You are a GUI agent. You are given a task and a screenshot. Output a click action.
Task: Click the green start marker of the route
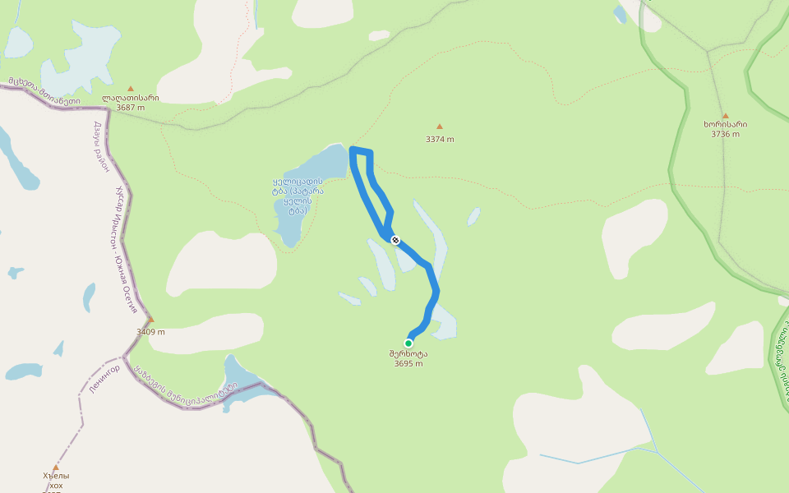(x=408, y=343)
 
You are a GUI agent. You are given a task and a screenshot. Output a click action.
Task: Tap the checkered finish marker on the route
(x=395, y=240)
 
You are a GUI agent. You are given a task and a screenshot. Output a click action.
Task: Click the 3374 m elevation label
(x=440, y=139)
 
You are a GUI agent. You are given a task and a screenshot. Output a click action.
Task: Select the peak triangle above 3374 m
(x=440, y=127)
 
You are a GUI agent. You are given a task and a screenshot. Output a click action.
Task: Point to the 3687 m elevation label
(x=131, y=108)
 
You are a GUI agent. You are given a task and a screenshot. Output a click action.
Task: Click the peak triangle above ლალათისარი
(x=130, y=88)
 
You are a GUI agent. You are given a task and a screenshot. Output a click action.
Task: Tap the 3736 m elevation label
(x=725, y=134)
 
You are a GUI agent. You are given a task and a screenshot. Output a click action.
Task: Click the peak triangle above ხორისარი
(x=725, y=116)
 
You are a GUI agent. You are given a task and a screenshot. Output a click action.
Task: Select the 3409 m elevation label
(x=150, y=332)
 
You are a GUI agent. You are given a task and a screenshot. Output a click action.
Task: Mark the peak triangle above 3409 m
(x=150, y=320)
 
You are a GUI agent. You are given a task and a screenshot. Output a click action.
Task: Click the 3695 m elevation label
(x=408, y=363)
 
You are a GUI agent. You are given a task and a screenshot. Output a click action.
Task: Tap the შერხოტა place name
(x=408, y=354)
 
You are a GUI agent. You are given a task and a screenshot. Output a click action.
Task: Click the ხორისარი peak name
(x=725, y=125)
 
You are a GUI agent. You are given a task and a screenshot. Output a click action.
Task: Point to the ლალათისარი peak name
(x=131, y=98)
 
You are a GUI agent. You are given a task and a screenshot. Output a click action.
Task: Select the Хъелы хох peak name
(x=56, y=480)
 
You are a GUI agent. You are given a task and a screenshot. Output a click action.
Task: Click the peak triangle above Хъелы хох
(x=56, y=468)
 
